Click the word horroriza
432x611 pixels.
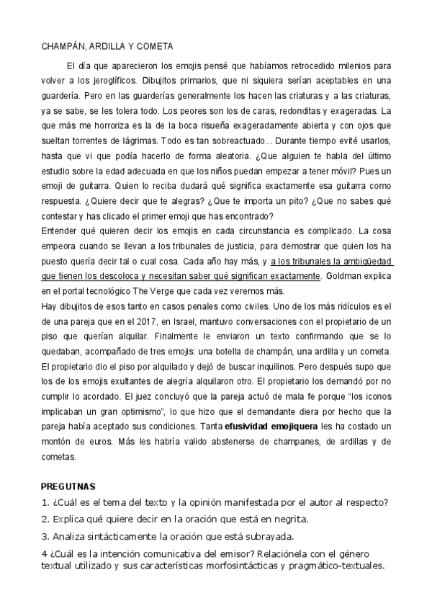(x=91, y=125)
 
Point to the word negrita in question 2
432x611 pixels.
(x=288, y=519)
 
